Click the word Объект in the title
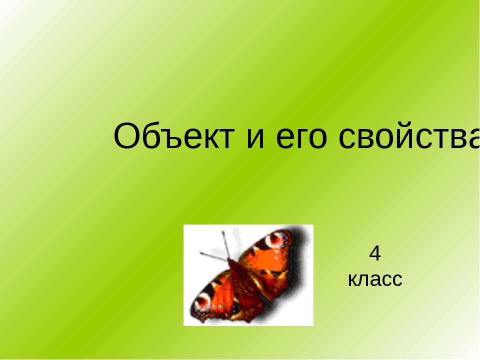point(174,136)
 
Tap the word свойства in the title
point(409,136)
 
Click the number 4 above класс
point(375,253)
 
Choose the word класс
point(375,279)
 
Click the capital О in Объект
point(126,136)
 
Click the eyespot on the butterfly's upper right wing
point(277,239)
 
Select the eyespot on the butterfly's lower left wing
point(202,303)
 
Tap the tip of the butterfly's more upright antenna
point(223,232)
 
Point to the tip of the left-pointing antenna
point(201,253)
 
